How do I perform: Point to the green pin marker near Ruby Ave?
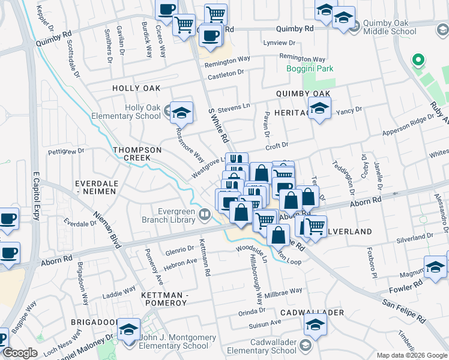(415, 61)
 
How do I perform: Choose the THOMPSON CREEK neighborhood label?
(135, 154)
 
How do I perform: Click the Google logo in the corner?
(20, 353)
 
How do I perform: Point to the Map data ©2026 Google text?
(411, 355)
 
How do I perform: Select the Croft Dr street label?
(277, 145)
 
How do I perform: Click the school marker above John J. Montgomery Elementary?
(128, 331)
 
